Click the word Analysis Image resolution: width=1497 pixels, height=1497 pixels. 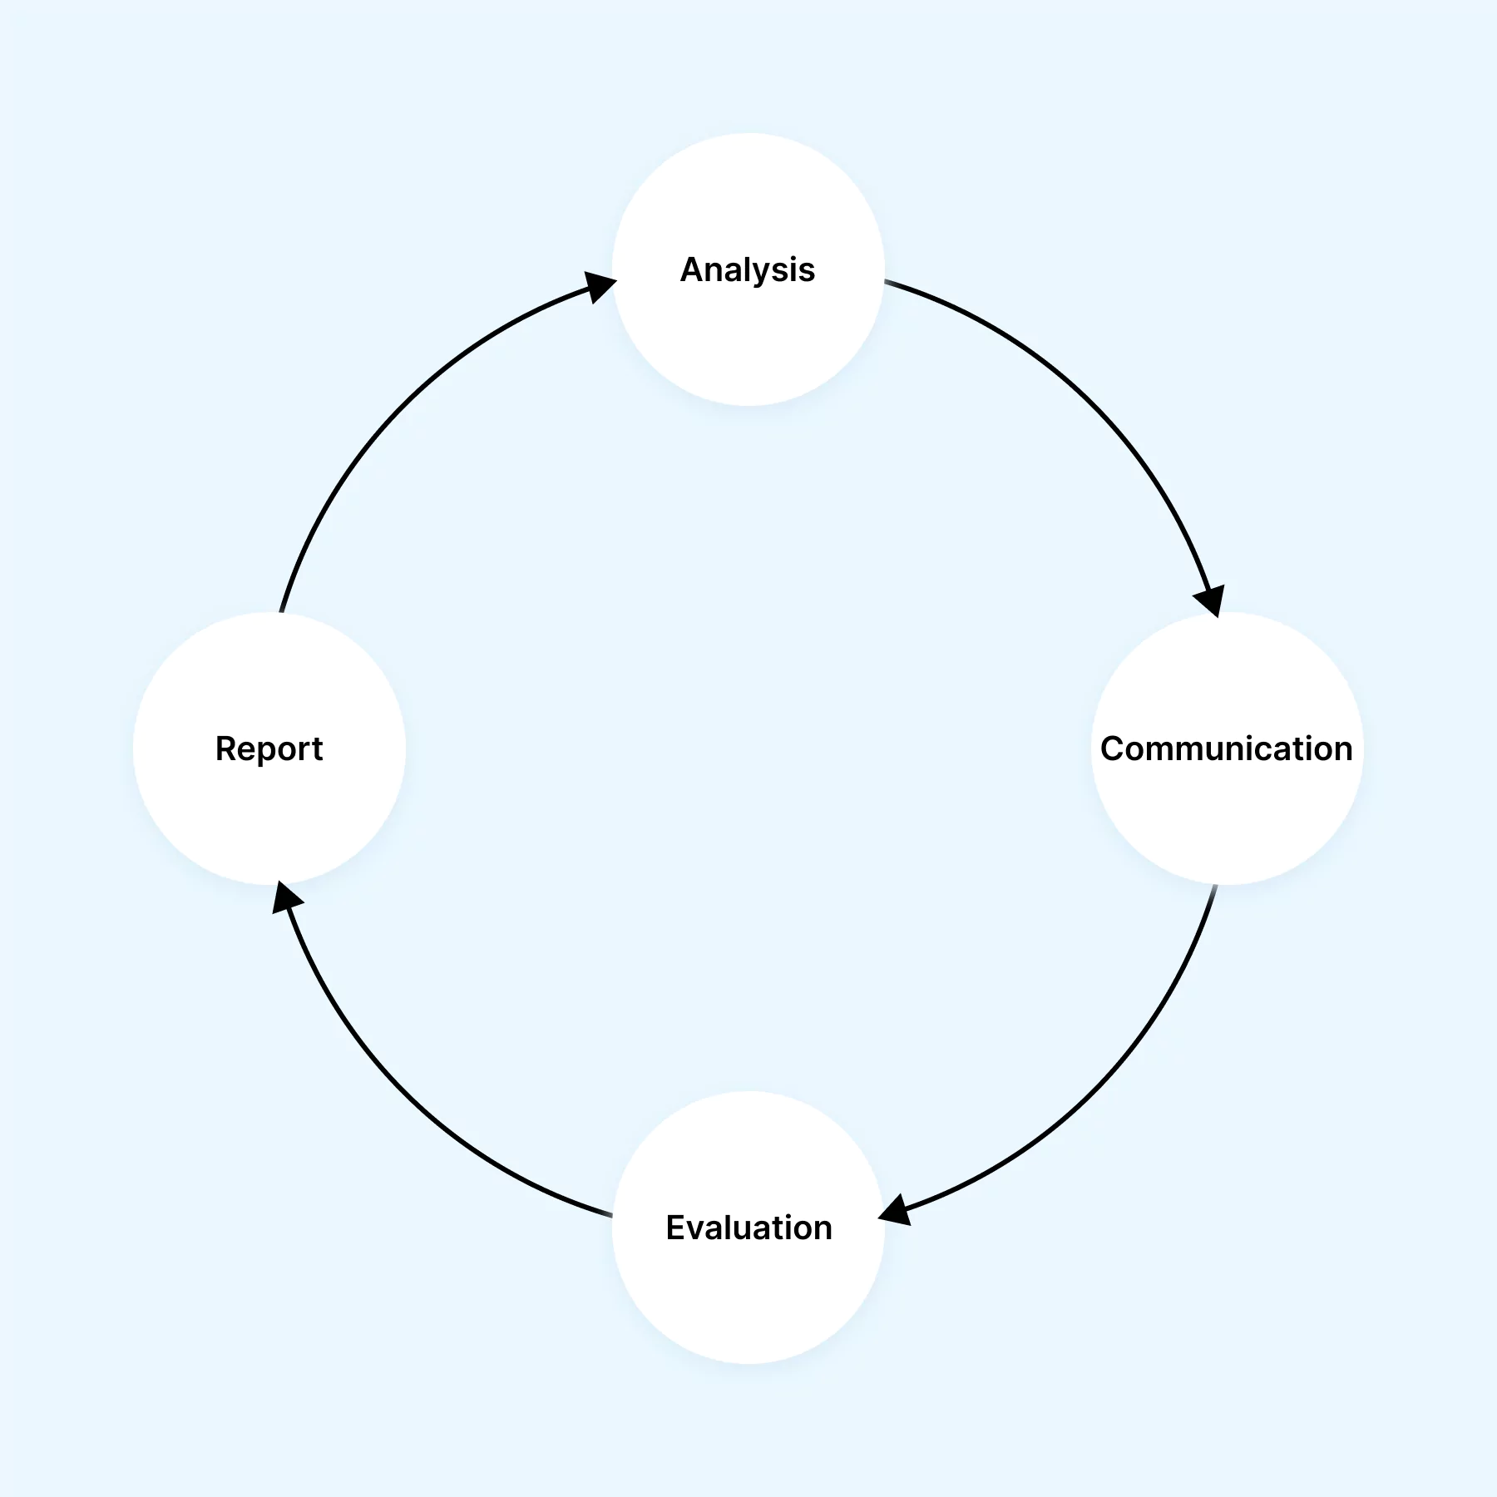pos(748,270)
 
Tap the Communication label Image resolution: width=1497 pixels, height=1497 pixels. pos(1226,748)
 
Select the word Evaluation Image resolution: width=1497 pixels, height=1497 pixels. pos(748,1228)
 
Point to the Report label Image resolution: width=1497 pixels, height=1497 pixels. pos(269,748)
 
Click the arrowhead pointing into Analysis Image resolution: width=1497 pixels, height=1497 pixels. pos(599,286)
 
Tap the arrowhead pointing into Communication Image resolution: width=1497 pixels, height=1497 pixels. pos(1211,599)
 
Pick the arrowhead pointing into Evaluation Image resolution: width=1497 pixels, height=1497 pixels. pos(897,1210)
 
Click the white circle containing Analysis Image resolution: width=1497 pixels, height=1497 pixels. pos(748,349)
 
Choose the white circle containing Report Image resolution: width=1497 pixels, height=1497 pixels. pos(269,823)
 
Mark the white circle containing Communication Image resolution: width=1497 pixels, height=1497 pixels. pos(1226,823)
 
